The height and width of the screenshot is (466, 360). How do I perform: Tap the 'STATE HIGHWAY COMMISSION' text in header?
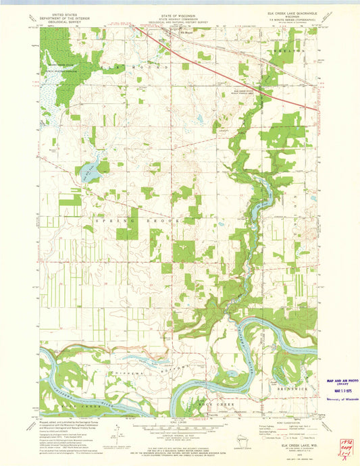tap(178, 18)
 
